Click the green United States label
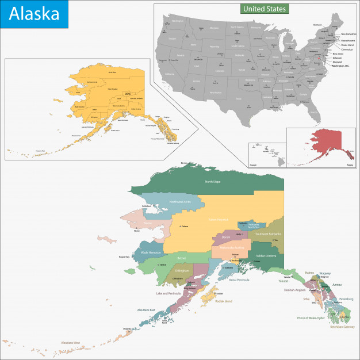263,9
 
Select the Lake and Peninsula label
168,293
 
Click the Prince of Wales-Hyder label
311,318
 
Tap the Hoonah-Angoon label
294,290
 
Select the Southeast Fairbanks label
269,234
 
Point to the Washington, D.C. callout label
340,66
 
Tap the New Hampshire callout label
344,34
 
